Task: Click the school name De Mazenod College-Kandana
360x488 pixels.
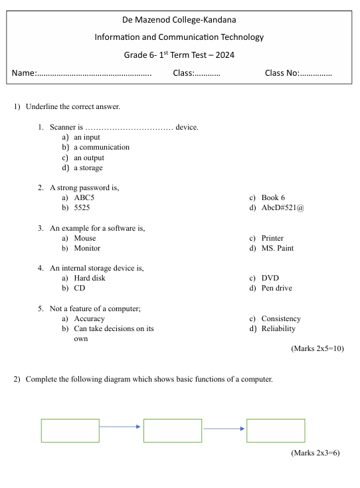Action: coord(179,21)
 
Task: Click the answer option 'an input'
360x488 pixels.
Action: coord(86,137)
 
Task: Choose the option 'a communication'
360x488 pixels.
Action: coord(101,147)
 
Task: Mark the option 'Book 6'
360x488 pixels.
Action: coord(273,197)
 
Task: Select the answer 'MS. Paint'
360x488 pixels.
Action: coord(277,248)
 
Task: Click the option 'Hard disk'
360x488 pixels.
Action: coord(90,278)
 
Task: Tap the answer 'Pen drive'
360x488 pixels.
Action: coord(276,288)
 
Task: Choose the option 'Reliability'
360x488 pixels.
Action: coord(278,328)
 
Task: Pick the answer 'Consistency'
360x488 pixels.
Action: coord(281,318)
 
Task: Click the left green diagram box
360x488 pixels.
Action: coord(70,430)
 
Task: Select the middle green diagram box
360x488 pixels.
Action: coord(173,430)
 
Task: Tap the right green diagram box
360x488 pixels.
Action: coord(276,430)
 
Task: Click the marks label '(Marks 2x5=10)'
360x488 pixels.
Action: coord(317,348)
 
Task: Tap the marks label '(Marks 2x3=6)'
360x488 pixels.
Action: coord(315,453)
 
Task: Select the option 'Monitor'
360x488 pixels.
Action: coord(87,248)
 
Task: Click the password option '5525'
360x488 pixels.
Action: coord(82,208)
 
